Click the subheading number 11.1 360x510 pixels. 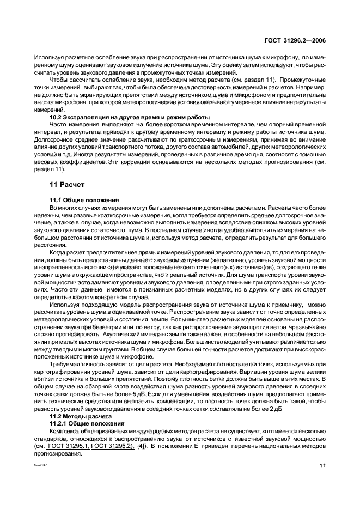(x=57, y=201)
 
